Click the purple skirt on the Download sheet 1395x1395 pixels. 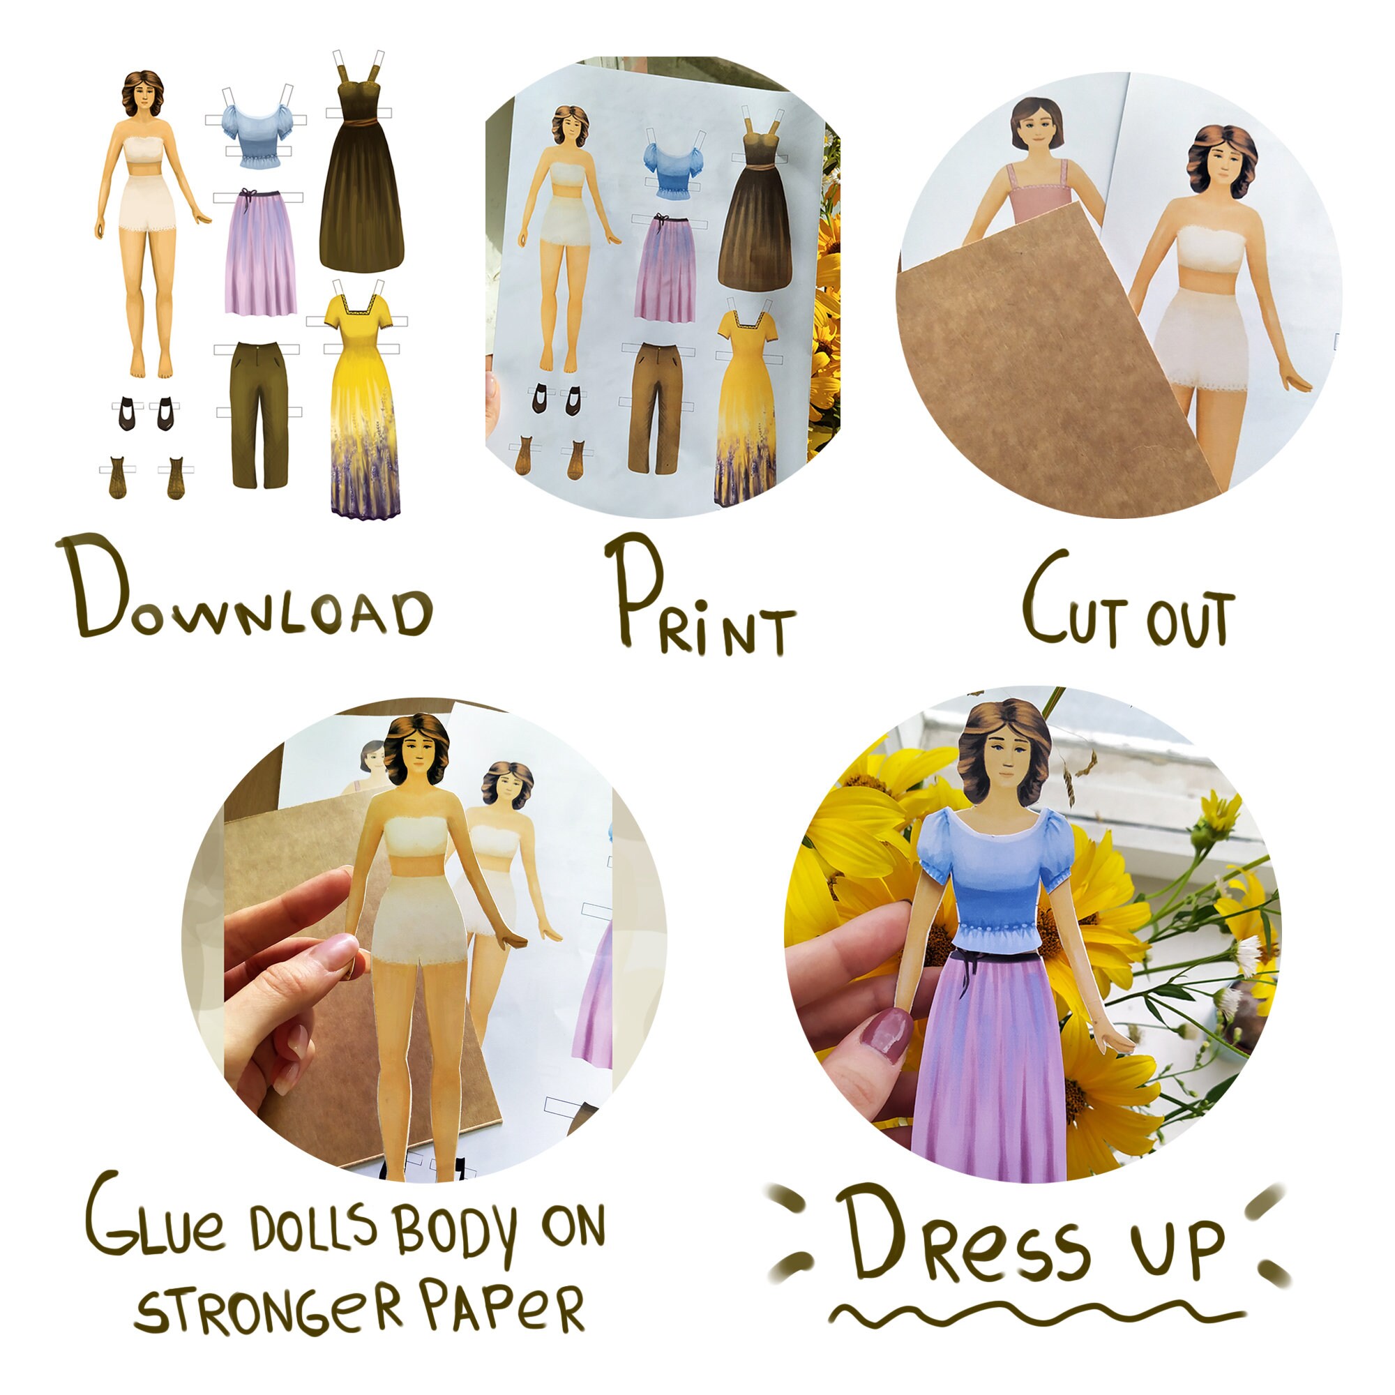click(260, 252)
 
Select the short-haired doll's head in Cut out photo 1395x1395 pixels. click(1037, 126)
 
